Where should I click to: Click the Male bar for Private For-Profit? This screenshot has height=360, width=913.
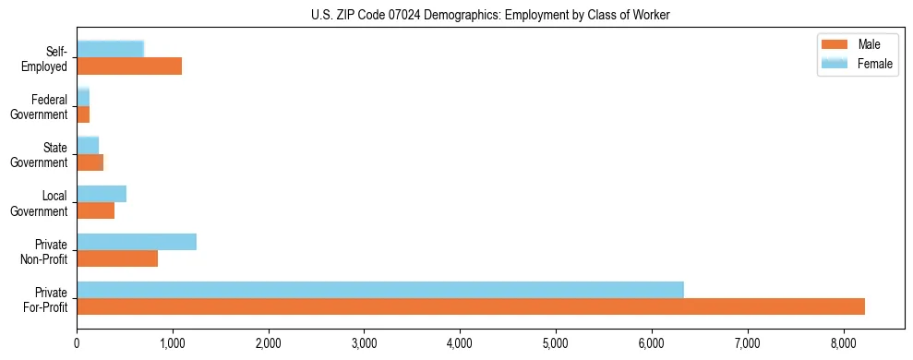point(471,306)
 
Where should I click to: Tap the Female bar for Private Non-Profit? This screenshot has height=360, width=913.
point(137,242)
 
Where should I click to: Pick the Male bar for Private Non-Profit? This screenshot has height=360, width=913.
point(117,258)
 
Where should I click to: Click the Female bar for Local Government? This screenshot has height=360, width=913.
point(102,194)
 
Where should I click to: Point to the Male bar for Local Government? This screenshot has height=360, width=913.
point(95,210)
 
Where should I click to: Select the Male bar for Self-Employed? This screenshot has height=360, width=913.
point(129,66)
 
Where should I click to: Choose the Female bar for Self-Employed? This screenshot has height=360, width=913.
point(110,50)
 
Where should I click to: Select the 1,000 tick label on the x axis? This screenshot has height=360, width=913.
point(173,343)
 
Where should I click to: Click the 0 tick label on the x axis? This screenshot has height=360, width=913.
point(77,343)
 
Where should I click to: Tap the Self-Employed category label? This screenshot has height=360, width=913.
point(47,58)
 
